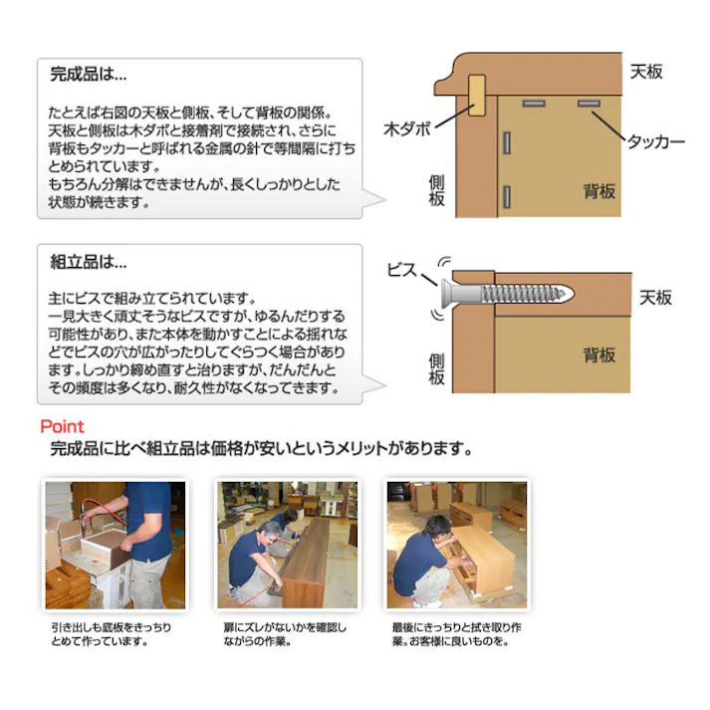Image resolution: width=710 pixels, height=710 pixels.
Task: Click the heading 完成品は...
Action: click(89, 74)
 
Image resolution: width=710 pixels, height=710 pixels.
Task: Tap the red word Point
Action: click(62, 426)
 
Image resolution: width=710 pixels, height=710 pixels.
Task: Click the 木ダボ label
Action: click(408, 129)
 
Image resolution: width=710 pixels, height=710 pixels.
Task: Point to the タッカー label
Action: click(654, 142)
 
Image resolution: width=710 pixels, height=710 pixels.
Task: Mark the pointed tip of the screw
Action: click(572, 294)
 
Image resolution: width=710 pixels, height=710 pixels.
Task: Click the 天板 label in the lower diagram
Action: click(655, 298)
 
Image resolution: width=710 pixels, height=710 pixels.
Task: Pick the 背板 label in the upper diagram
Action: click(599, 192)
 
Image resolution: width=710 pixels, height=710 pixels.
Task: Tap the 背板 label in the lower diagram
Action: click(599, 355)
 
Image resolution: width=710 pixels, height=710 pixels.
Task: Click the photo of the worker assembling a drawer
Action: click(115, 545)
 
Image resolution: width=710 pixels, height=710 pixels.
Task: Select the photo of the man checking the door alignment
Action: click(288, 545)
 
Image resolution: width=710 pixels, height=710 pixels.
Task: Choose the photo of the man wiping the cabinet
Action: click(457, 545)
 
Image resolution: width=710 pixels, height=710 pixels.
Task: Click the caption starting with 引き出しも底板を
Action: click(111, 634)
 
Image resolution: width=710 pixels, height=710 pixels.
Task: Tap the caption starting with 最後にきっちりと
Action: click(456, 634)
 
